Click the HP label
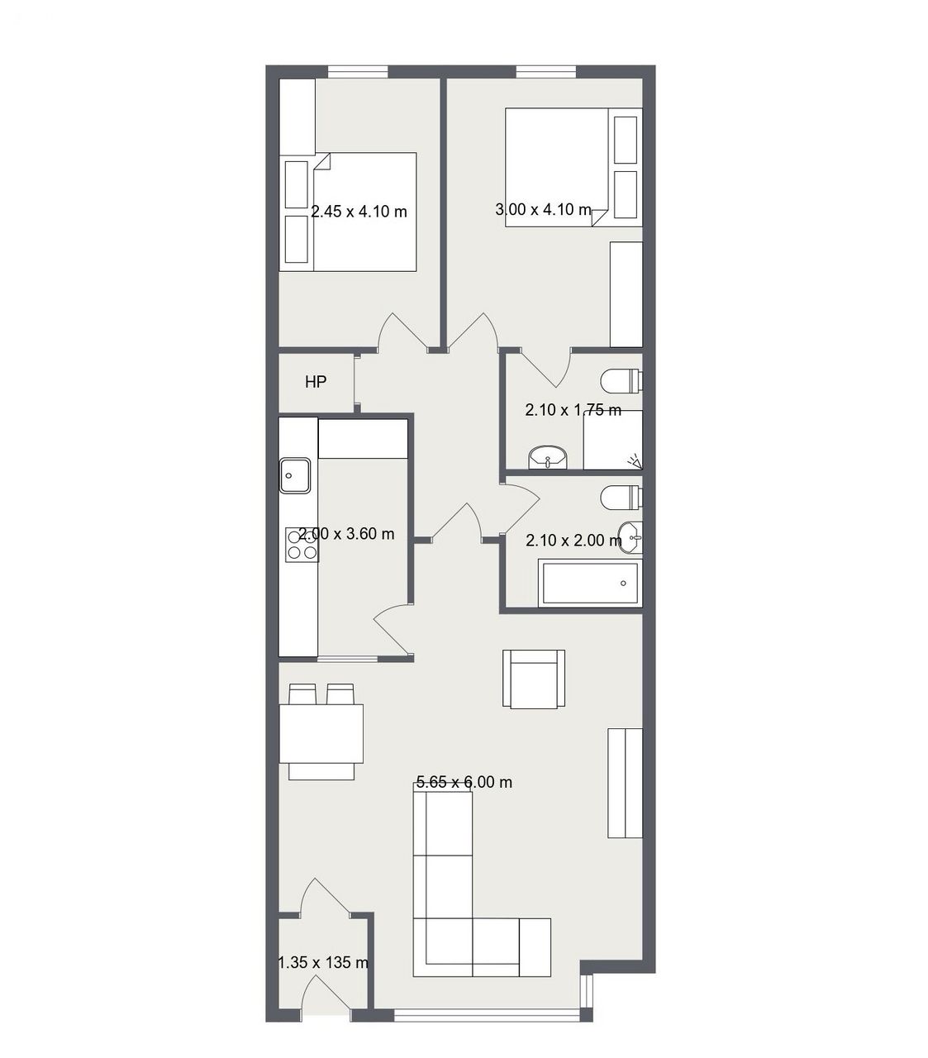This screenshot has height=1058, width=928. click(316, 382)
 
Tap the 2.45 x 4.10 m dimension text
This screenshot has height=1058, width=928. click(359, 212)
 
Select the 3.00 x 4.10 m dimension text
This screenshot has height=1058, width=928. click(543, 209)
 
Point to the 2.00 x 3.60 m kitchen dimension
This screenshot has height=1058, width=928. click(346, 534)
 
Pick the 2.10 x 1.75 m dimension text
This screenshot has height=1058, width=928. click(573, 410)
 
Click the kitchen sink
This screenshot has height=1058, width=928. click(295, 475)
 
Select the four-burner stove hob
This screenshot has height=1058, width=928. click(302, 545)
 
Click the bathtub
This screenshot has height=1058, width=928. click(590, 584)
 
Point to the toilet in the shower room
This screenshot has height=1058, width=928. click(621, 381)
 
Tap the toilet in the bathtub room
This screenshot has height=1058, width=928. click(621, 497)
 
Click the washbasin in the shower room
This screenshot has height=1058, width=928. click(548, 458)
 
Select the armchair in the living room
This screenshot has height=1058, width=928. click(534, 679)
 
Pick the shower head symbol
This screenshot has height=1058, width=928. click(635, 460)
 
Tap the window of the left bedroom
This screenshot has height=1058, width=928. click(358, 72)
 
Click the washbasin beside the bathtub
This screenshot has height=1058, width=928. click(631, 536)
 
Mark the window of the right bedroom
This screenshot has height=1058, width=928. click(546, 72)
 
